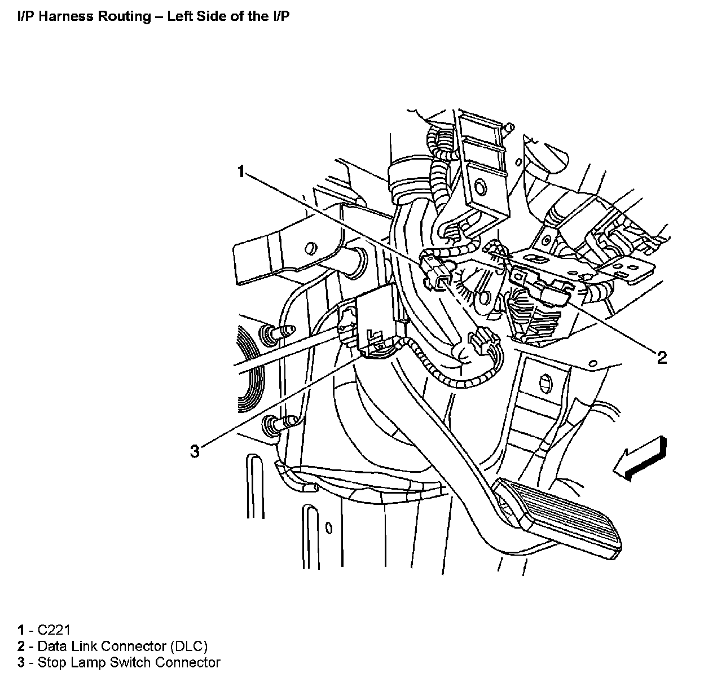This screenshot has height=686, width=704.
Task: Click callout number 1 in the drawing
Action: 241,171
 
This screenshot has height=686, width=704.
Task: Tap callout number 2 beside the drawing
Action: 662,357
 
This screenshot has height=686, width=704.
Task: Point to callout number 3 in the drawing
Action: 195,451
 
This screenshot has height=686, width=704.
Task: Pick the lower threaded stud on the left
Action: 280,423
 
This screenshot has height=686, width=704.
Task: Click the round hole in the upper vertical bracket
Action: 480,188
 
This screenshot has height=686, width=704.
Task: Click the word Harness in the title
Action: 60,16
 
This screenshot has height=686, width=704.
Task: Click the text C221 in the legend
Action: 54,630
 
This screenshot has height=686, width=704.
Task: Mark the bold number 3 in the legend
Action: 21,662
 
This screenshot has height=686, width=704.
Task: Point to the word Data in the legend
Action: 51,646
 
